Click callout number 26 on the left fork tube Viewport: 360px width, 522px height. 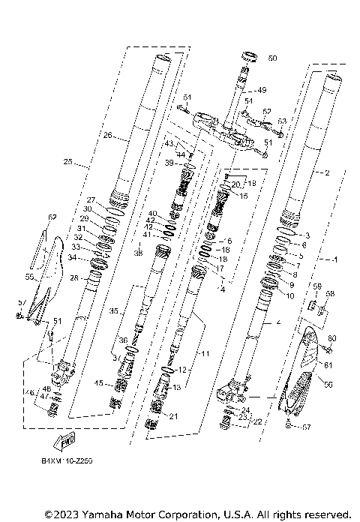coord(108,136)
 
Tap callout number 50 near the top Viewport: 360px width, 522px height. coord(271,58)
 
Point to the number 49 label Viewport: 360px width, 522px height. coord(262,90)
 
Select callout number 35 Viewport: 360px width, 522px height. coord(134,310)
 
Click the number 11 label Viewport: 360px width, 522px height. coord(205,352)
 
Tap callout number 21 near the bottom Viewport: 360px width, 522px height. coord(173,416)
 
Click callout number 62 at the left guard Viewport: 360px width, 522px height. coord(52,217)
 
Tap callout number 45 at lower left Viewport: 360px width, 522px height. coord(99,383)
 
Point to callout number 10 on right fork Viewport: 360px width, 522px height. coord(290,295)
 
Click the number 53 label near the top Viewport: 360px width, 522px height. coord(282,120)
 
